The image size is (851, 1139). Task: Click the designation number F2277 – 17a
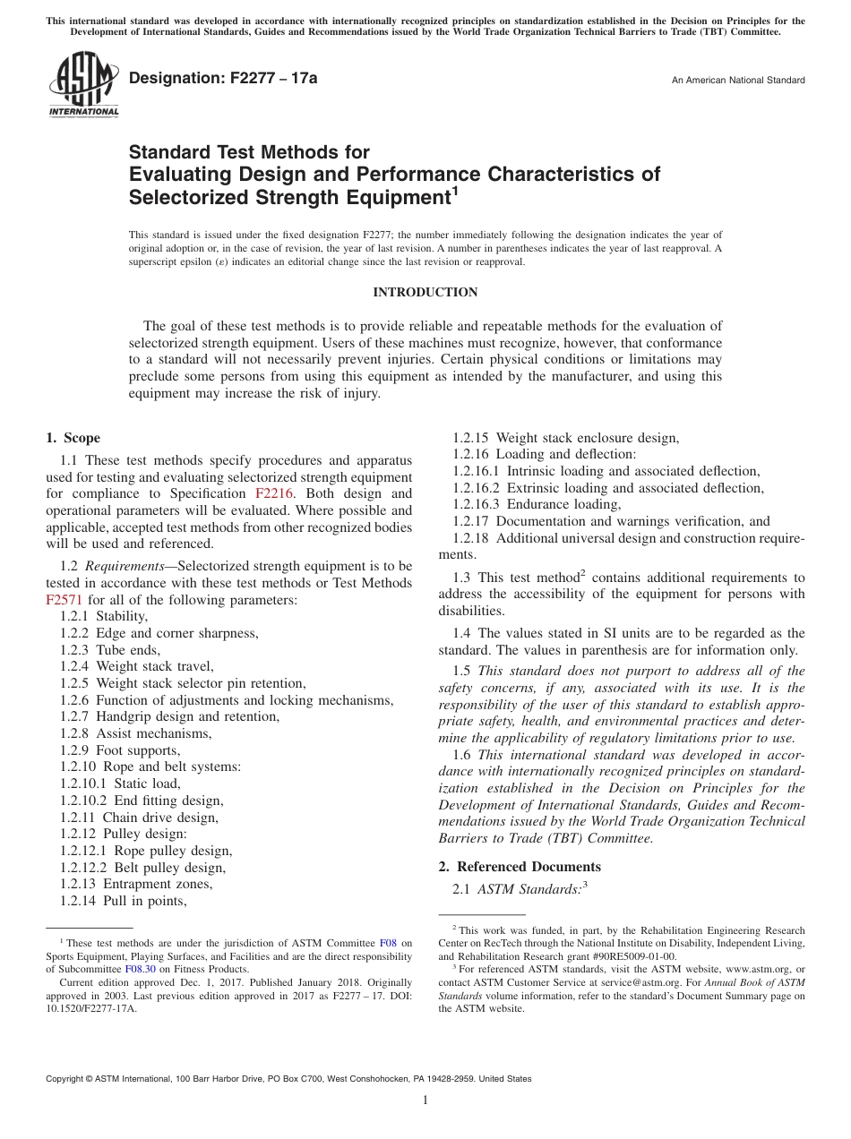pos(223,79)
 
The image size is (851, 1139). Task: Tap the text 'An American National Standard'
pos(737,81)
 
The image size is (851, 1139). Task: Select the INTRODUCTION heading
pos(425,293)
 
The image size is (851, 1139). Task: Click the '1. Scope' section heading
pos(73,438)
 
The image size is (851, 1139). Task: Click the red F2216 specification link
pos(272,493)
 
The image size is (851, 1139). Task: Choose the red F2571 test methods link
pos(63,600)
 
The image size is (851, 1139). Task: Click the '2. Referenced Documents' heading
pos(520,867)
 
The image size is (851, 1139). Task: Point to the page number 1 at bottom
pos(425,1101)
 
